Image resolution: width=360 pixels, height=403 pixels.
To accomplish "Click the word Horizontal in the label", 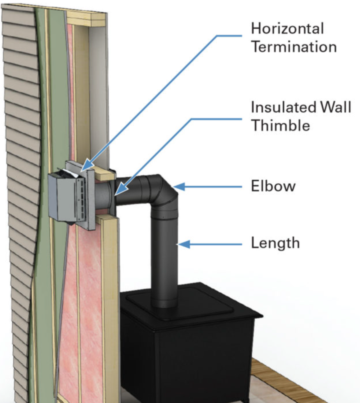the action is [x=287, y=28].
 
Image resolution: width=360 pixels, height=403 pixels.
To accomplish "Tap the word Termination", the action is [x=294, y=47].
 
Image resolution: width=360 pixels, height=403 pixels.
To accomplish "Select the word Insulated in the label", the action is [x=284, y=107].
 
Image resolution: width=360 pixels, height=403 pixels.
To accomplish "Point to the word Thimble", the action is [x=281, y=125].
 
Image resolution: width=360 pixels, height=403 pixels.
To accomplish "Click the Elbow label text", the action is [x=273, y=186].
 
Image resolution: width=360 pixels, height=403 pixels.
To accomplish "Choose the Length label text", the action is [x=275, y=243].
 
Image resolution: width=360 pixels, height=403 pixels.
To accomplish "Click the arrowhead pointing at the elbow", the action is [x=179, y=187].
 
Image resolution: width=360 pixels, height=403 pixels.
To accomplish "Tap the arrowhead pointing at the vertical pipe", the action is [x=184, y=244].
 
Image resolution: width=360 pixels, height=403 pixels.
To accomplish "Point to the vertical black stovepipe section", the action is [x=164, y=259].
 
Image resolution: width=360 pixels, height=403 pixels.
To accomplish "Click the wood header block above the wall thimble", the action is [x=104, y=174].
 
